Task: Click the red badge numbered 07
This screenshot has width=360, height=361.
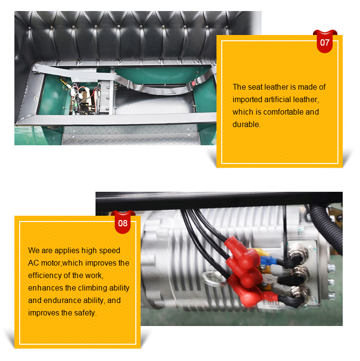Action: coord(325,42)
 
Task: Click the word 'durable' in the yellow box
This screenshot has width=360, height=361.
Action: coord(246,124)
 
